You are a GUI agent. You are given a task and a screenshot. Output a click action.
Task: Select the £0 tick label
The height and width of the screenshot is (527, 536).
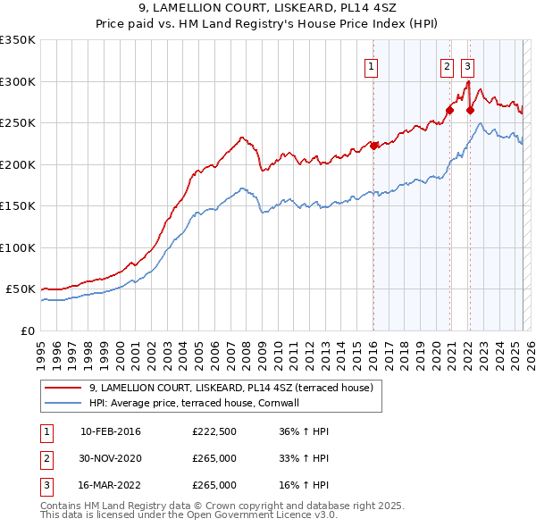(27, 330)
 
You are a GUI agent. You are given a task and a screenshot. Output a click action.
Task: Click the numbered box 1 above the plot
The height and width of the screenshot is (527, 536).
(371, 65)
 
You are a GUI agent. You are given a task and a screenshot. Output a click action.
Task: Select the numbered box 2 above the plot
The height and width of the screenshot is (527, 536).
(447, 65)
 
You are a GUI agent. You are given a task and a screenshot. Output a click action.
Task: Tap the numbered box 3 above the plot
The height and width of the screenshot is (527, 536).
(467, 65)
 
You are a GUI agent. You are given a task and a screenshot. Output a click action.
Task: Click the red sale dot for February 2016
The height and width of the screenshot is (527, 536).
(373, 146)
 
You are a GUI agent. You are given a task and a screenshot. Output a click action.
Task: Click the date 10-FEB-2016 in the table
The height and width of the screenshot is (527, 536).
(110, 431)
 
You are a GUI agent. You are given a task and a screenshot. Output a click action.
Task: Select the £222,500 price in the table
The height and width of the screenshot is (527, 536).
(214, 431)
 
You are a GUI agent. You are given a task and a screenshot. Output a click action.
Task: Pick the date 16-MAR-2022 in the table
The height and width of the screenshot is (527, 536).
(110, 485)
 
